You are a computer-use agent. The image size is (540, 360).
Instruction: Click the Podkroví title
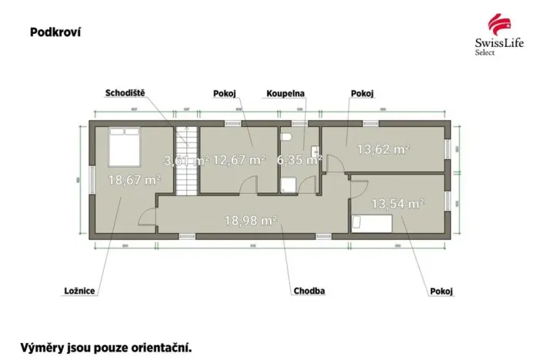pos(55,32)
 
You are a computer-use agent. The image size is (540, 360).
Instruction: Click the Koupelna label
pos(285,93)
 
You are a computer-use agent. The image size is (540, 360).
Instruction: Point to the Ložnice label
pos(79,291)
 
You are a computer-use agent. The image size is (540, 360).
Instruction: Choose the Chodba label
pos(308,291)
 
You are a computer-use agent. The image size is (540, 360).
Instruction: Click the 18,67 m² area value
pos(134,180)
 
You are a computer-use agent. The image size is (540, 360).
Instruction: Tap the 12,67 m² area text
pos(238,160)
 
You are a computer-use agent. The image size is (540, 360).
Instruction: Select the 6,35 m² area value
pos(298,160)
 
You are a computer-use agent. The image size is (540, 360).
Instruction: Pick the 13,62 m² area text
pos(382,149)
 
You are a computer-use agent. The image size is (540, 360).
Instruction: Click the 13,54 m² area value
pos(398,204)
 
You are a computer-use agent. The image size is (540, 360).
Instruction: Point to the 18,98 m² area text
pos(250,220)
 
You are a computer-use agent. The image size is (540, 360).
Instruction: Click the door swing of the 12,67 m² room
pos(248,185)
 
